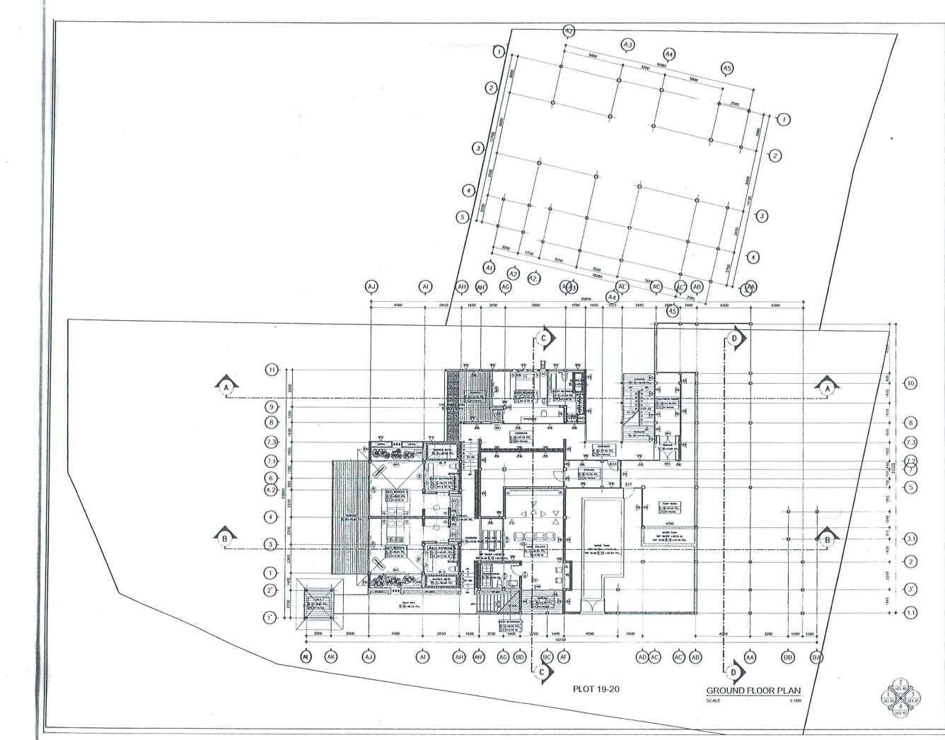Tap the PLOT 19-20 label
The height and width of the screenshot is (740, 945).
[x=596, y=688]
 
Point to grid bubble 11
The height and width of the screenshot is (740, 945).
[x=272, y=370]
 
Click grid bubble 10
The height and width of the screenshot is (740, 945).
[x=911, y=383]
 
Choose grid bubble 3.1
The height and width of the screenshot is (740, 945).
[x=911, y=540]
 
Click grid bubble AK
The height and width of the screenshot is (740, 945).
[x=330, y=657]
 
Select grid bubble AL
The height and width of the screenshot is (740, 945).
[x=306, y=657]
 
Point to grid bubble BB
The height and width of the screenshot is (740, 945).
[x=787, y=657]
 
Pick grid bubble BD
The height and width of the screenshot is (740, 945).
[x=520, y=657]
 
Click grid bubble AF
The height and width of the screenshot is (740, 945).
[x=564, y=657]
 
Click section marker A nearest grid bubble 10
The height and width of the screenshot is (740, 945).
[x=826, y=387]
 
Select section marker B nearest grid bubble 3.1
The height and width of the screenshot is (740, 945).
[x=825, y=539]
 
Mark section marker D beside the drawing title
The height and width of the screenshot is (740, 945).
[x=734, y=671]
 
